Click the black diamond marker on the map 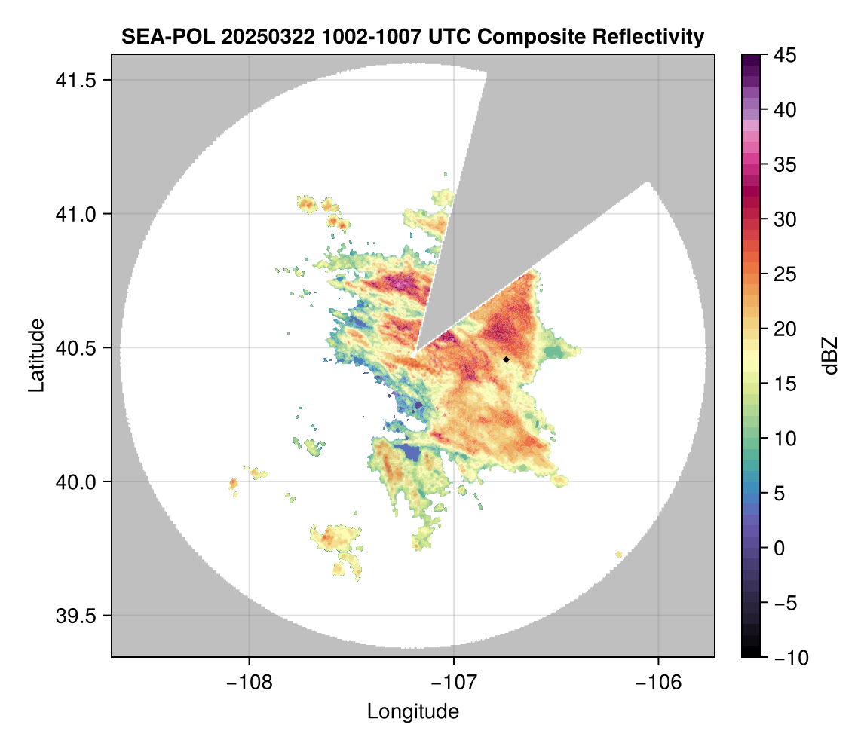[506, 359]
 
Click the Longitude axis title [413, 711]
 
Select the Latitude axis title [36, 355]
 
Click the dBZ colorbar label [830, 355]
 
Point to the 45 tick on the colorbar [785, 55]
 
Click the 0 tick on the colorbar [781, 548]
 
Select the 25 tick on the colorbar [785, 274]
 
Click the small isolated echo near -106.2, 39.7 [619, 555]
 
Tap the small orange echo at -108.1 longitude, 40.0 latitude [233, 483]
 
